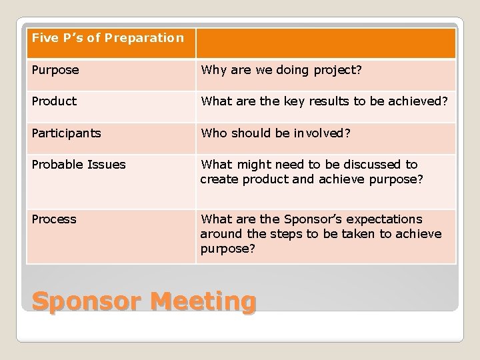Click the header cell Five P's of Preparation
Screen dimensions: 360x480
click(x=107, y=38)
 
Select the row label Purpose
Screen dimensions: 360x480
click(x=55, y=70)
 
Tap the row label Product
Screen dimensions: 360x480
click(x=54, y=101)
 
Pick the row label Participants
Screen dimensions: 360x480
click(x=66, y=133)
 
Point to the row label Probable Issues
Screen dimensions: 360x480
click(x=78, y=164)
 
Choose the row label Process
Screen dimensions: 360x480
click(x=54, y=219)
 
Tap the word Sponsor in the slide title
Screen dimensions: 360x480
click(x=87, y=301)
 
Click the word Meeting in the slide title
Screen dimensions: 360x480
click(x=203, y=301)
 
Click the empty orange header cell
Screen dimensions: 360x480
click(x=325, y=43)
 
